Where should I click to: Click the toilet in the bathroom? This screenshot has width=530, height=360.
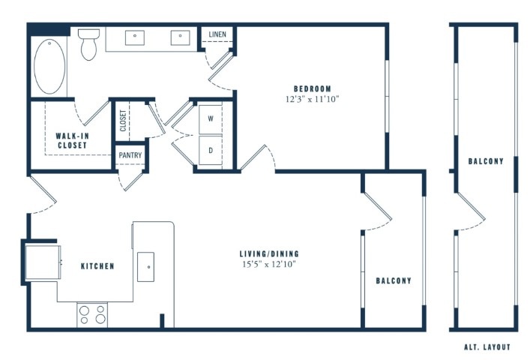point(89,44)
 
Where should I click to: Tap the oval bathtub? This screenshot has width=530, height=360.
point(49,66)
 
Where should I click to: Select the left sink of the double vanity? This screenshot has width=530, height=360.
point(135,37)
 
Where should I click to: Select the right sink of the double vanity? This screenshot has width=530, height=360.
point(180,37)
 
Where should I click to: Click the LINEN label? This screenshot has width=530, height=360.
point(217,34)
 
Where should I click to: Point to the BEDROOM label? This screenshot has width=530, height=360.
point(313,89)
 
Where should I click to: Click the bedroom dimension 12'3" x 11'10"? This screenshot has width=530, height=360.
point(313,100)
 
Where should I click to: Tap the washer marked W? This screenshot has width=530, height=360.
point(211,119)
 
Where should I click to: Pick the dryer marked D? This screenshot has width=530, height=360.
point(211,150)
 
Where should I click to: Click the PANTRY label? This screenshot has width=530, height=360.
point(130,155)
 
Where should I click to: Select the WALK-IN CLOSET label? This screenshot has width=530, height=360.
point(72,140)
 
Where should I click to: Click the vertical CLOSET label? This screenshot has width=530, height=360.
point(123,121)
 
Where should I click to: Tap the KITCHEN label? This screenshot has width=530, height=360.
point(97,266)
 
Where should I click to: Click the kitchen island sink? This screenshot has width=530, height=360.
point(145,267)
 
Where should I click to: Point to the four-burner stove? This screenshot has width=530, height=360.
point(92,315)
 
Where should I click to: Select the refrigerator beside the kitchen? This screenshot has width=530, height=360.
point(43,262)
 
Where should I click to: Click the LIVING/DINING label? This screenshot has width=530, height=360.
point(269,253)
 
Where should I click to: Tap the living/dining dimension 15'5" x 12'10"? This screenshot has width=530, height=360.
point(269,264)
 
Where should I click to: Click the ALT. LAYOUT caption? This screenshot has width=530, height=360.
point(487,347)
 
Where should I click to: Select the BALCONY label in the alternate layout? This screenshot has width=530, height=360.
point(486,161)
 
